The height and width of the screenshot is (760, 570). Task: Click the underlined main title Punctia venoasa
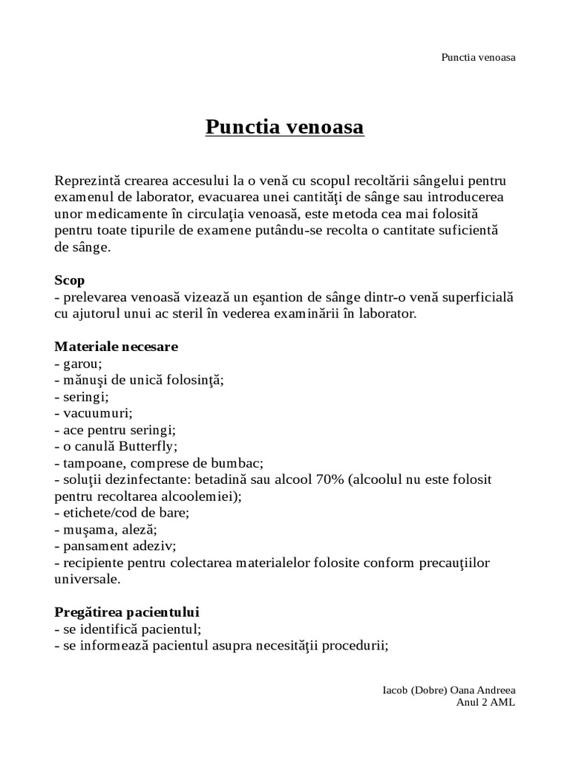284,128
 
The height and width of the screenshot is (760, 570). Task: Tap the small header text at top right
478,57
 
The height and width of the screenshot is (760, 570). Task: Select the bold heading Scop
69,281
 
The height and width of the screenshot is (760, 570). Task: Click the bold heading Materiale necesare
116,347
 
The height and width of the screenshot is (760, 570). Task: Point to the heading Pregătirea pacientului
127,613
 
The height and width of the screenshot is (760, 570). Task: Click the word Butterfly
152,446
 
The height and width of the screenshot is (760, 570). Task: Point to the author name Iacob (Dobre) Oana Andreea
448,689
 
